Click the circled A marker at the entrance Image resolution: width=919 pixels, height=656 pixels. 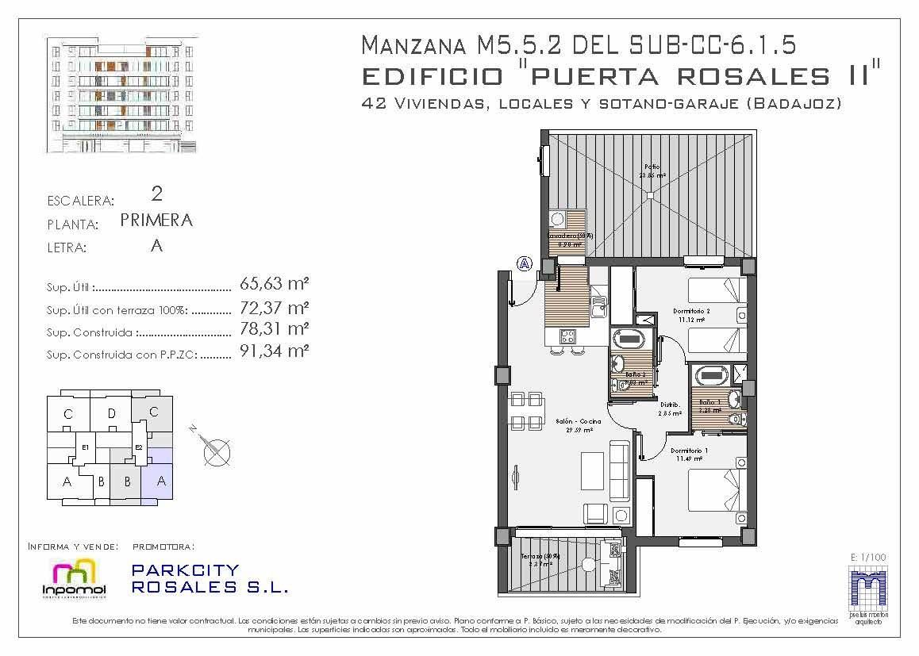[524, 263]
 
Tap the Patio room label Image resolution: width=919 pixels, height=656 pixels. [652, 167]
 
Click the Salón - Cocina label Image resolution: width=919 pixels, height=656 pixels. [578, 422]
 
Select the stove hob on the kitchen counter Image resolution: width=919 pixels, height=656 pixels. [567, 336]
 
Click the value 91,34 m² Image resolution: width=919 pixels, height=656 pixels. [274, 351]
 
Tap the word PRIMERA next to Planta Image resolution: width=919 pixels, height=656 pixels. [156, 221]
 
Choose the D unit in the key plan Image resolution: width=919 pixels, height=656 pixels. [112, 413]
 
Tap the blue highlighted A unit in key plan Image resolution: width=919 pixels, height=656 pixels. [161, 481]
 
